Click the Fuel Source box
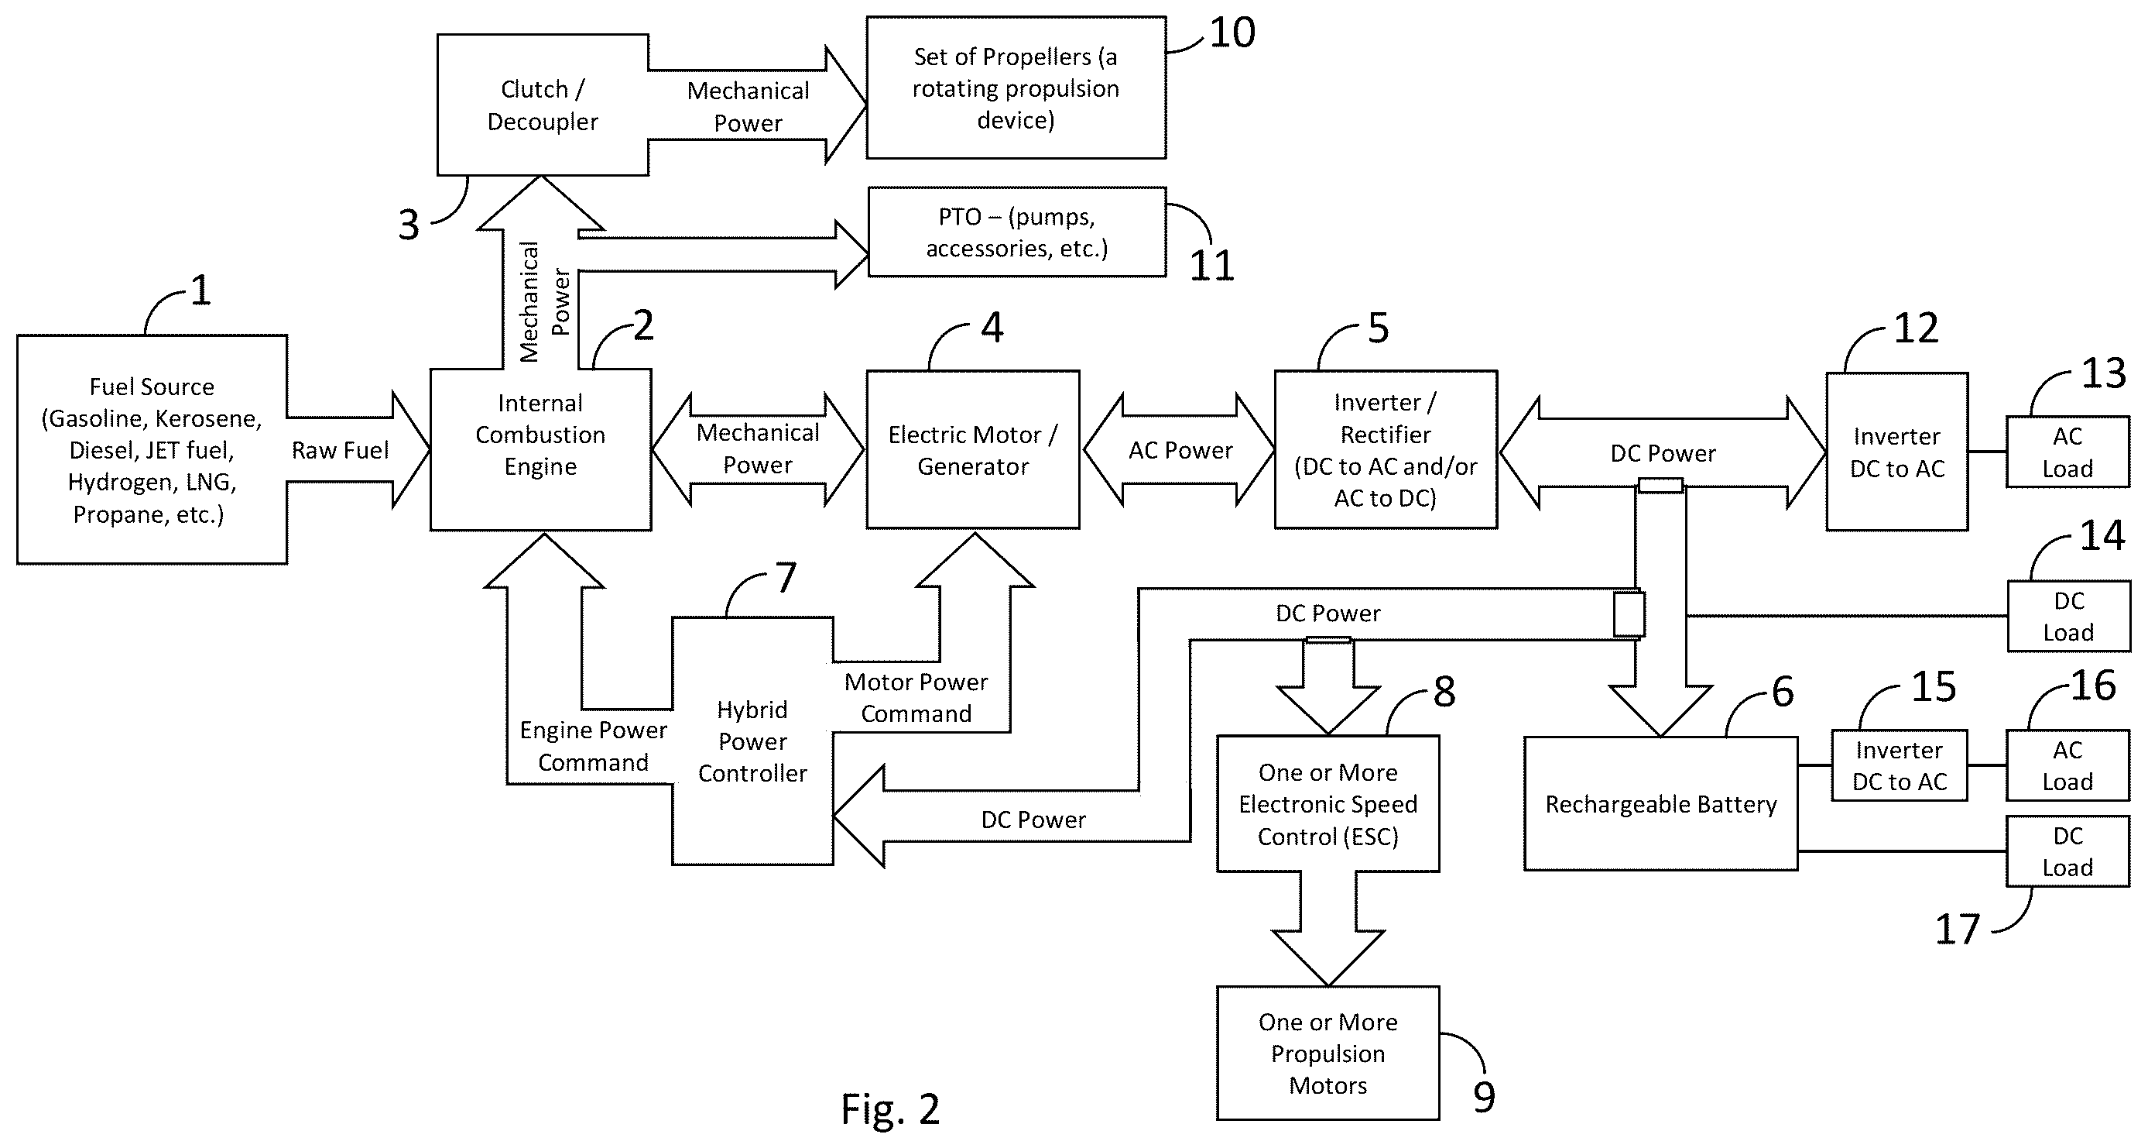[x=152, y=450]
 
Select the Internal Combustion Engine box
[x=540, y=450]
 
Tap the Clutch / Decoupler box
[x=543, y=105]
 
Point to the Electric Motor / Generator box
[x=973, y=450]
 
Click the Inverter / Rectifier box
[x=1386, y=450]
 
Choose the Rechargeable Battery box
[x=1661, y=803]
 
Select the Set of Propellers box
[x=1016, y=88]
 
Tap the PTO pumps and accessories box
[x=1017, y=232]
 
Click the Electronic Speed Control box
[x=1328, y=803]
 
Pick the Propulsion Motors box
[x=1328, y=1053]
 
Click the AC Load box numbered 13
[x=2068, y=452]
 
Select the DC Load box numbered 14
[x=2068, y=616]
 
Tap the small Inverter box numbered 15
[x=1900, y=766]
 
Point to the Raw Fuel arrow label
[x=341, y=451]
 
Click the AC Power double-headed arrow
[x=1179, y=451]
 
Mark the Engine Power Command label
[x=593, y=746]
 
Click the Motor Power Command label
[x=916, y=697]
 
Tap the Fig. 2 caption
[x=891, y=1108]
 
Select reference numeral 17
[x=1957, y=930]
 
